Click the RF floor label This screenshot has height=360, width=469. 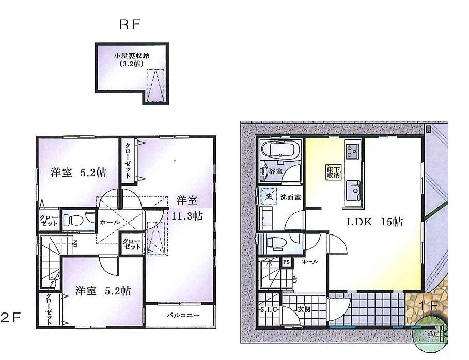(130, 24)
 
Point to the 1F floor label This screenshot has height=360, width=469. (429, 305)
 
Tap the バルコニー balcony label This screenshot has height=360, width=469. (180, 315)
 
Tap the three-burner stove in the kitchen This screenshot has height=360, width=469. (353, 151)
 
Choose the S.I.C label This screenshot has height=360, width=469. (268, 310)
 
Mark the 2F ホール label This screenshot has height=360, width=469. (110, 222)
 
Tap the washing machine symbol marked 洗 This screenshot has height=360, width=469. (268, 196)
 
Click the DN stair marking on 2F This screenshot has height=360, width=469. (75, 244)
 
